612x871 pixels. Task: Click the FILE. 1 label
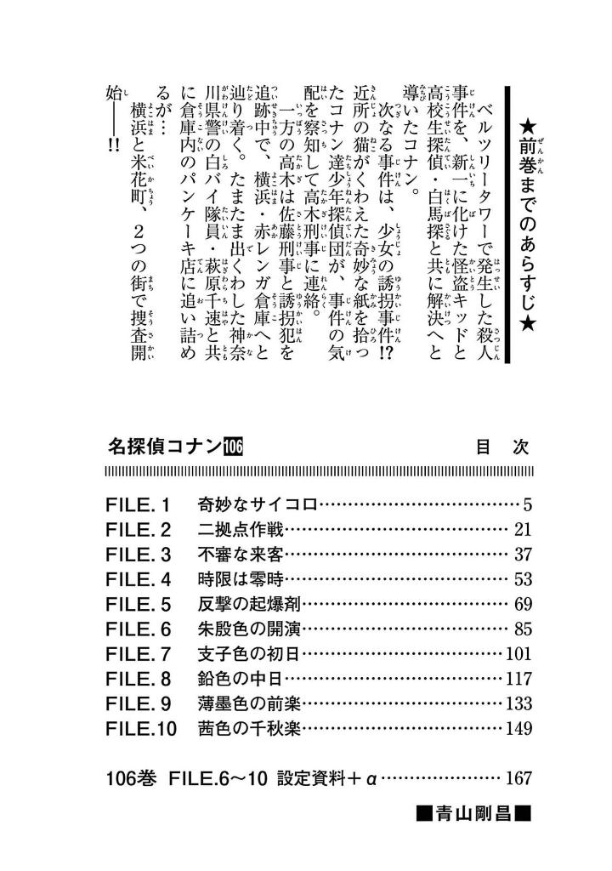pyautogui.click(x=137, y=505)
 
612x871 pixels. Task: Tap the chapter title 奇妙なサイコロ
pyautogui.click(x=258, y=504)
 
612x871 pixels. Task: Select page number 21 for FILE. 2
pyautogui.click(x=523, y=529)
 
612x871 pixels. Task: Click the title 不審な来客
pyautogui.click(x=241, y=555)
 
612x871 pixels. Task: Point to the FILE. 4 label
pyautogui.click(x=138, y=579)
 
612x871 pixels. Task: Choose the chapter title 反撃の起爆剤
pyautogui.click(x=249, y=604)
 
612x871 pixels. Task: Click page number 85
pyautogui.click(x=523, y=629)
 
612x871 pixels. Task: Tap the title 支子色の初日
pyautogui.click(x=249, y=654)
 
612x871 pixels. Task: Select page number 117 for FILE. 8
pyautogui.click(x=519, y=679)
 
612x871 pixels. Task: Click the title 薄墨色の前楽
pyautogui.click(x=249, y=703)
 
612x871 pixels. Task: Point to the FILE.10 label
pyautogui.click(x=141, y=728)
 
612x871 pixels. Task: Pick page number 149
pyautogui.click(x=519, y=728)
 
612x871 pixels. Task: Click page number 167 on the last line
pyautogui.click(x=519, y=777)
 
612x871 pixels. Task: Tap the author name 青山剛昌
pyautogui.click(x=473, y=815)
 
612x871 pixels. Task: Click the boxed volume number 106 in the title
pyautogui.click(x=233, y=447)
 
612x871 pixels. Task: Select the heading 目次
pyautogui.click(x=502, y=447)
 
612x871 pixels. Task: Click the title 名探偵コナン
pyautogui.click(x=164, y=447)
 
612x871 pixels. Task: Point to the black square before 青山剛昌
pyautogui.click(x=425, y=815)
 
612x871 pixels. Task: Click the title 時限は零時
pyautogui.click(x=241, y=579)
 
